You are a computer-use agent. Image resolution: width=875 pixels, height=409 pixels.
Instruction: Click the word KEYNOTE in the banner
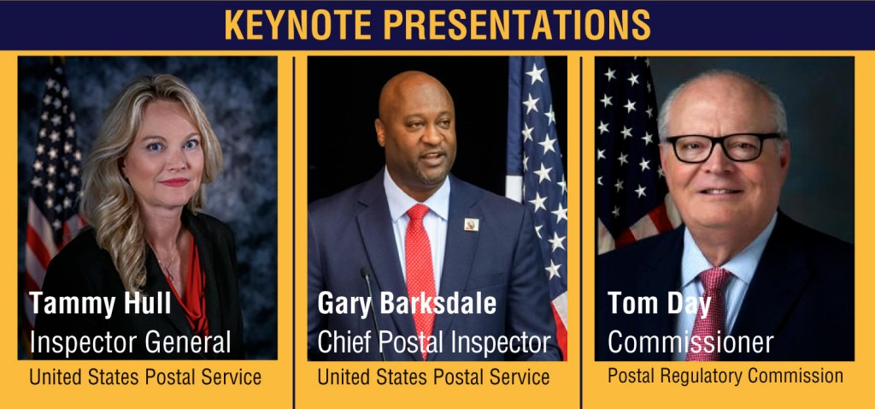tap(298, 25)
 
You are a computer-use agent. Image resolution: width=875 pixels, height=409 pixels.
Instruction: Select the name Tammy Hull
tap(101, 304)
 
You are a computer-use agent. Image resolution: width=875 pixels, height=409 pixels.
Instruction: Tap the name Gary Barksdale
tap(407, 304)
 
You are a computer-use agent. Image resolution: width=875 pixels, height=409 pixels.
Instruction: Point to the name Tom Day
tap(660, 304)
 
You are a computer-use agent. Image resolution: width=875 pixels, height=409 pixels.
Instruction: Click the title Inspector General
tap(130, 342)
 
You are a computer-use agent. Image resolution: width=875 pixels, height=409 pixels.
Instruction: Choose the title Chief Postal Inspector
tap(434, 342)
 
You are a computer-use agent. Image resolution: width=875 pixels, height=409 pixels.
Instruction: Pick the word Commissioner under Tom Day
tap(690, 342)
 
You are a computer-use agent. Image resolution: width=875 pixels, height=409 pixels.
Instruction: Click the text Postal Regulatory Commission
tap(725, 376)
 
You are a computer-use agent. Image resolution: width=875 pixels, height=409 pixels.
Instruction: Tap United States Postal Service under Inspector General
tap(145, 377)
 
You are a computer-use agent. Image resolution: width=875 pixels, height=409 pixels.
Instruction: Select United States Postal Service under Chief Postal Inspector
tap(433, 377)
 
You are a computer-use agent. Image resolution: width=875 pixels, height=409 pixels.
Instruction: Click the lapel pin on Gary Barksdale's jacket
tap(471, 225)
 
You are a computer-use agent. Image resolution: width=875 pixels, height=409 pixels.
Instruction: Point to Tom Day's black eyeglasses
tap(723, 147)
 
